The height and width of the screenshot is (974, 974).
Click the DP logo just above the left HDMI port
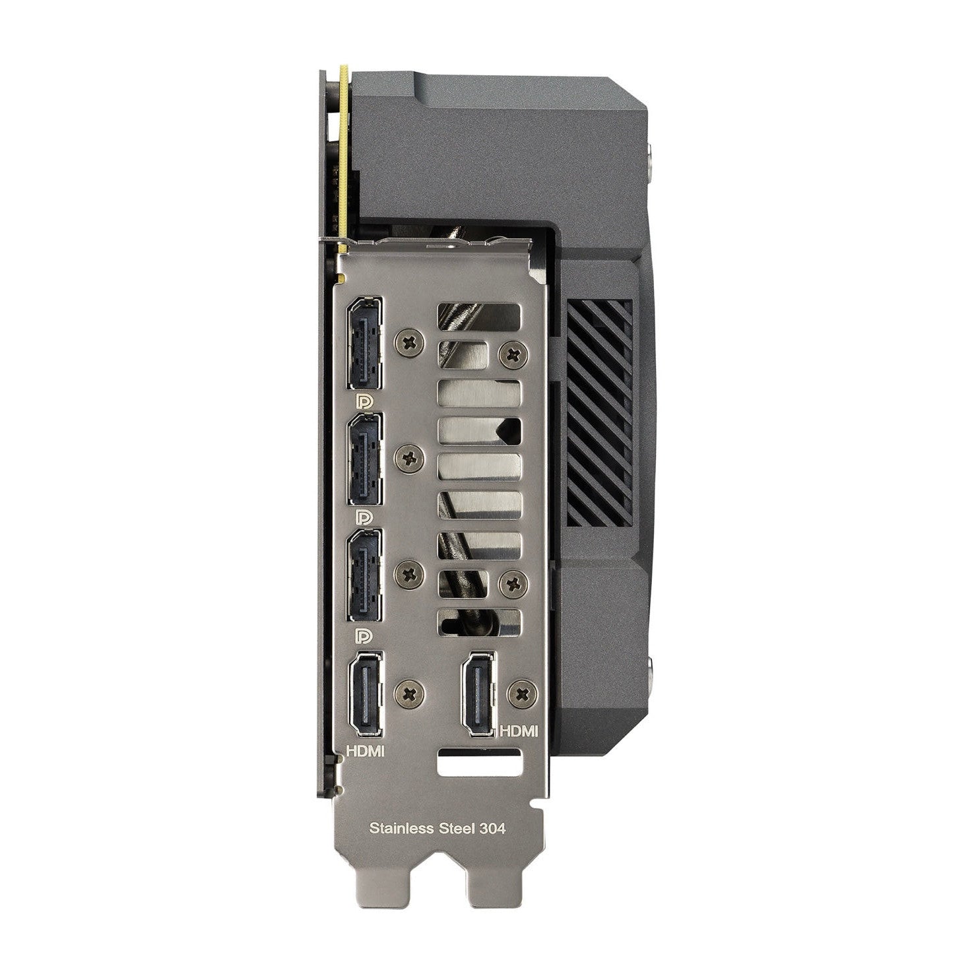364,635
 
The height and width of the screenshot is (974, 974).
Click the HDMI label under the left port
366,751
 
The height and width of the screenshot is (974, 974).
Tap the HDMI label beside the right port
520,731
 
